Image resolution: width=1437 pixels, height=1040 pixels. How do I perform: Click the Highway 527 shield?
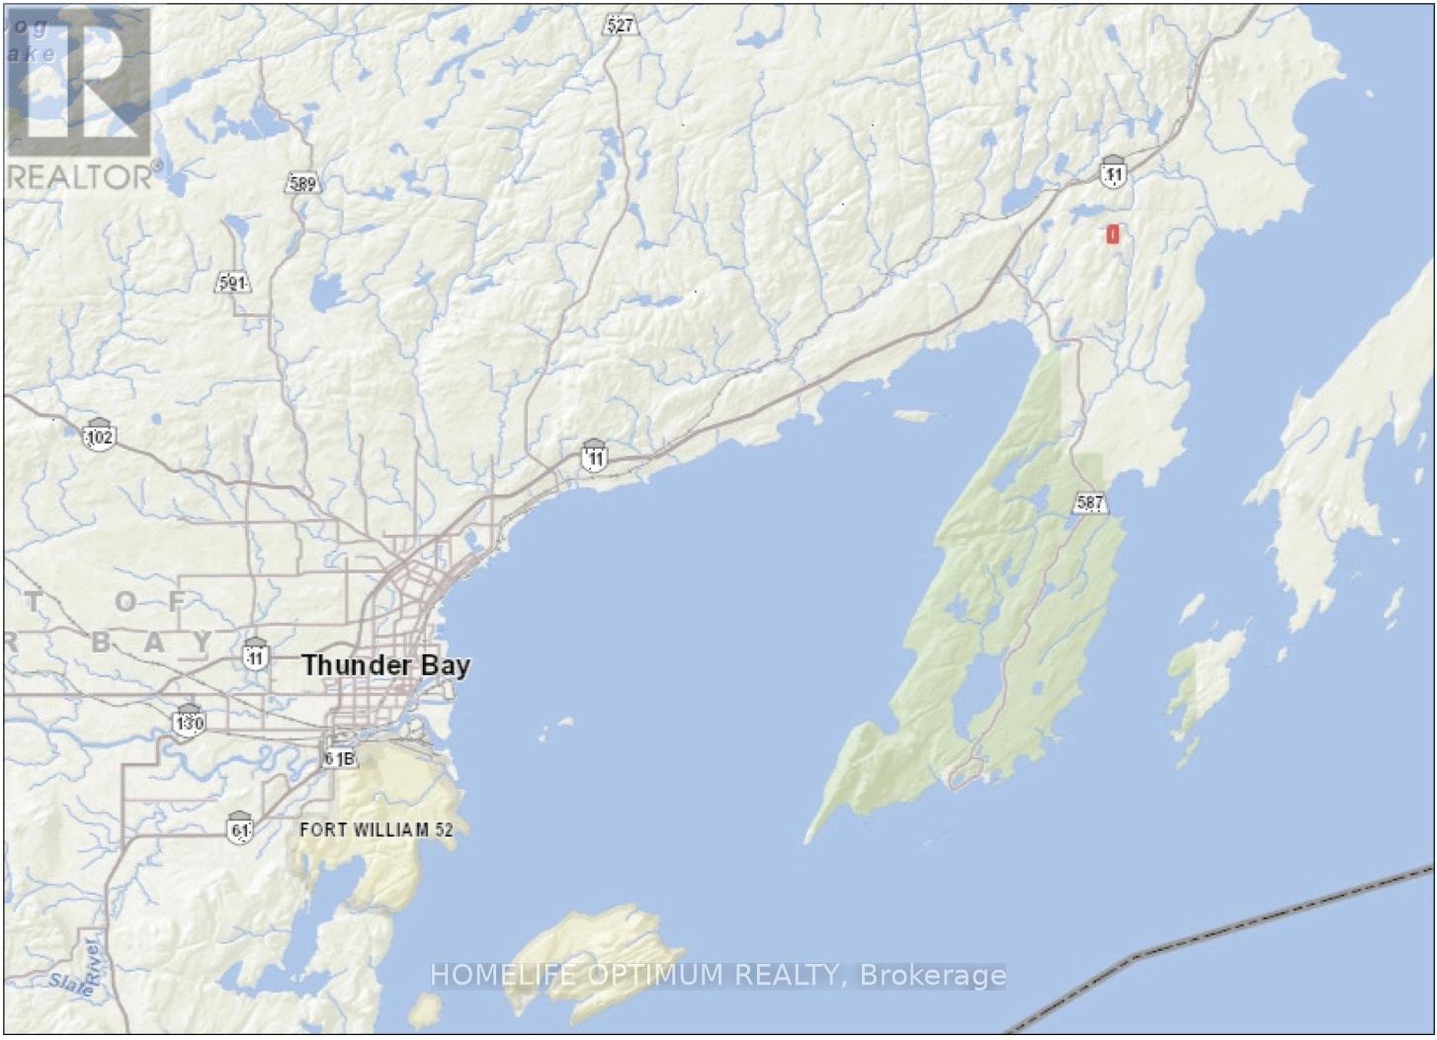coord(620,26)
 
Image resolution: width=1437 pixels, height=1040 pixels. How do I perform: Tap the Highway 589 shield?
coord(302,183)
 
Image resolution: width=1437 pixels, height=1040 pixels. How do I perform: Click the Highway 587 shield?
coord(1089,503)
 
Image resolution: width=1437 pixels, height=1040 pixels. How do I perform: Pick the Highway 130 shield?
coord(188,723)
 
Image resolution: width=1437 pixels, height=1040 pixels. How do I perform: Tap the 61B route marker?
coord(338,758)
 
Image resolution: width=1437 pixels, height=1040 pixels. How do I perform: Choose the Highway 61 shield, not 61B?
coord(239,827)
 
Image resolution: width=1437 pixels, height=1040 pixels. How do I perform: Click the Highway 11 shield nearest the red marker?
coord(1114,173)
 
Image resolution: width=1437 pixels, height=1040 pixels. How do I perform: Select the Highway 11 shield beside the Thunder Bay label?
coord(256,654)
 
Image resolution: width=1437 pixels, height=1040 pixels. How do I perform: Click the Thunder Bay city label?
coord(385,664)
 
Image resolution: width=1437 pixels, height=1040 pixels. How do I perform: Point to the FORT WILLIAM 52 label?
coord(376,829)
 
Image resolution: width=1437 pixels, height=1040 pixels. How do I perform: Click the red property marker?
coord(1113,234)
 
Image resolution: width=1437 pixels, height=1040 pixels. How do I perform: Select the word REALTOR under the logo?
coord(79,177)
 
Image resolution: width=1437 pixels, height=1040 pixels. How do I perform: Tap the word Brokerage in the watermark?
coord(933,976)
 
